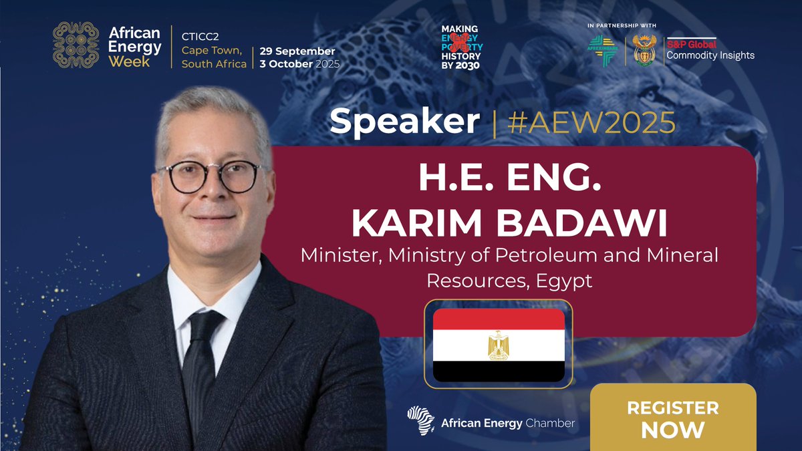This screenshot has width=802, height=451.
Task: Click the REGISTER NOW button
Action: coord(673,419)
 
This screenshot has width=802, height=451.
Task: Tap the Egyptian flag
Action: coord(499,345)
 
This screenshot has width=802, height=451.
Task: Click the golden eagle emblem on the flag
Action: coord(499,345)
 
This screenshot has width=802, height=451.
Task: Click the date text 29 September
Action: coord(297,51)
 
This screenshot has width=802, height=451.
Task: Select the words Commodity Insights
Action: coord(710,55)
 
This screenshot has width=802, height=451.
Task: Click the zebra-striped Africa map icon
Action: coord(421,420)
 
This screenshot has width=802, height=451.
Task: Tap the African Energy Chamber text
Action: coord(507,423)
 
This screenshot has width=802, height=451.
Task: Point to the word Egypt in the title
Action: coord(563,281)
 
